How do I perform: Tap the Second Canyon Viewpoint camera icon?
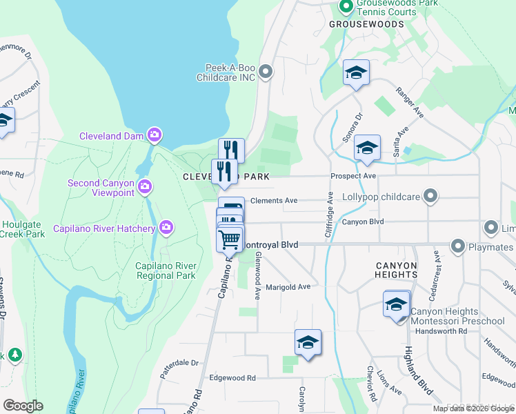[145, 186]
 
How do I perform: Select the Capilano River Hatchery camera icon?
[166, 226]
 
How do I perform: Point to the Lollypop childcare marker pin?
[431, 197]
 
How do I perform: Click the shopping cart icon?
[230, 240]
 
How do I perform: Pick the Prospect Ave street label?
[353, 176]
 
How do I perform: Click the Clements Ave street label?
[274, 200]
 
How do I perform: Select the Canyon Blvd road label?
[363, 222]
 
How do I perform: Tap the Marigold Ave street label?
[288, 286]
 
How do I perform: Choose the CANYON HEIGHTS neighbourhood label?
[397, 270]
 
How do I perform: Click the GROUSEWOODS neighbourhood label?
[366, 23]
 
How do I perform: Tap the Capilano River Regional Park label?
[167, 271]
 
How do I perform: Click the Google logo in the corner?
[23, 406]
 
